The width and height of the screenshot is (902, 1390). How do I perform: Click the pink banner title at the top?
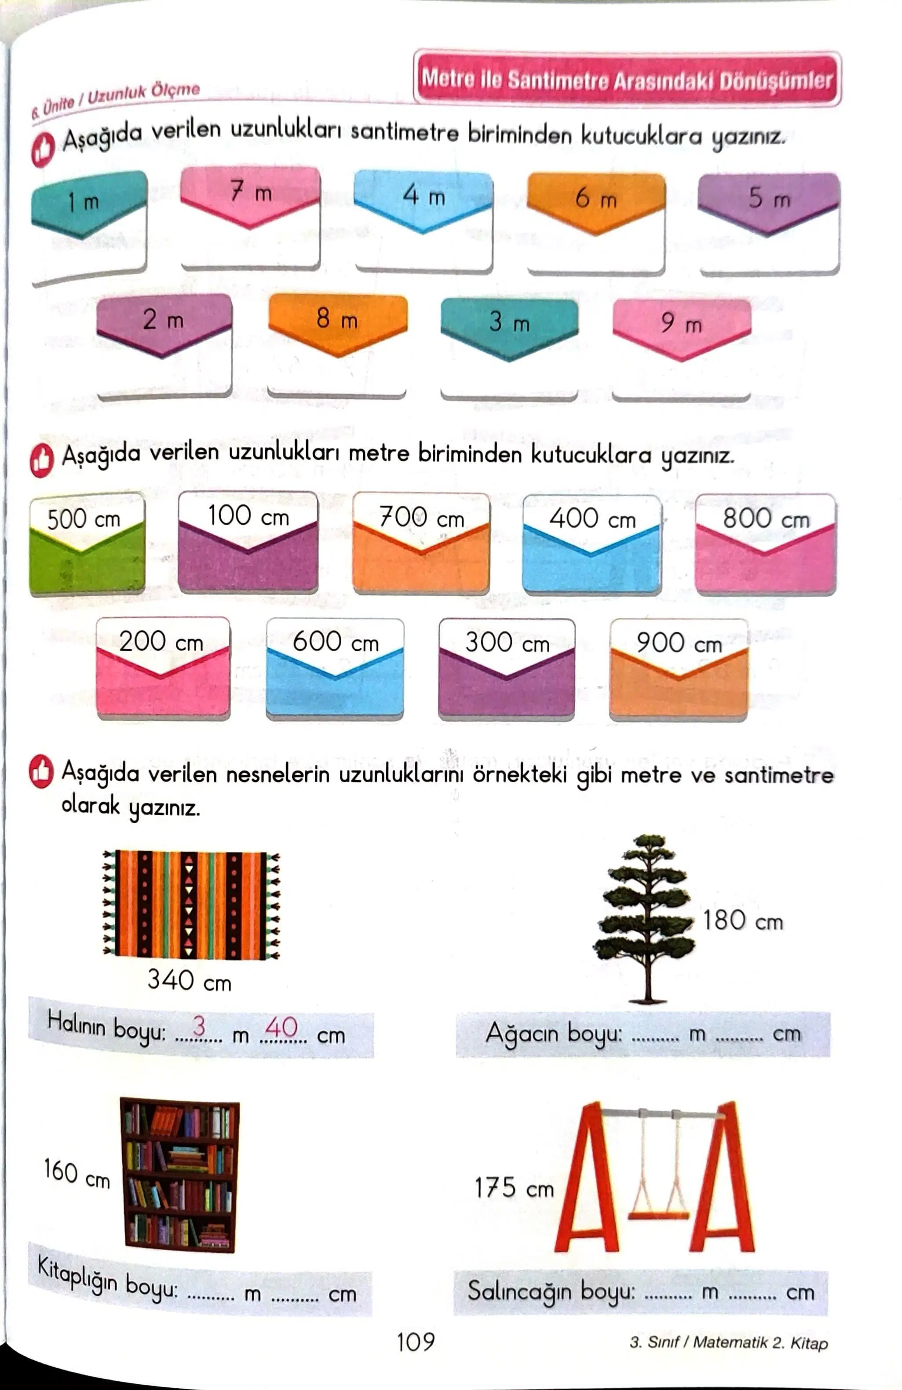click(x=627, y=78)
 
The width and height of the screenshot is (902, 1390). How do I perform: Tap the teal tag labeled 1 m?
click(x=89, y=203)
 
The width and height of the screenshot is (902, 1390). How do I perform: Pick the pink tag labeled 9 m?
click(x=682, y=327)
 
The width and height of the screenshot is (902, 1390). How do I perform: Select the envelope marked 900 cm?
click(x=679, y=669)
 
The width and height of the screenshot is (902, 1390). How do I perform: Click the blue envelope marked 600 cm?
click(x=335, y=668)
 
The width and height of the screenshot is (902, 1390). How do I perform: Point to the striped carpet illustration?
click(x=191, y=905)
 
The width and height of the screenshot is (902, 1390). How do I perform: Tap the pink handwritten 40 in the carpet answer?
click(x=281, y=1027)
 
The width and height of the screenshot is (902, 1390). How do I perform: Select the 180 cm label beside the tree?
click(x=742, y=920)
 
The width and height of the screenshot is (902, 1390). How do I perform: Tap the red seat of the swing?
click(x=658, y=1216)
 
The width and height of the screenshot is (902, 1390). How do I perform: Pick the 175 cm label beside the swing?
click(x=514, y=1187)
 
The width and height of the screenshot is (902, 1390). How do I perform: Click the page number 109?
click(x=415, y=1342)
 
